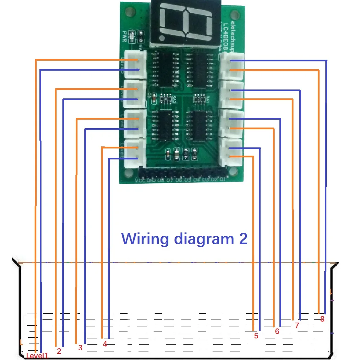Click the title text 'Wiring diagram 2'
(184, 239)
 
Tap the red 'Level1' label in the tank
(37, 356)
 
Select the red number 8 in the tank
(322, 319)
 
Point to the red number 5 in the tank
(256, 336)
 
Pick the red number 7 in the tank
(297, 325)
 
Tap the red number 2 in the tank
(59, 351)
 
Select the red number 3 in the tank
(80, 348)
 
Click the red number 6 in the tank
(277, 331)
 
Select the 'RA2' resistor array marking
(174, 100)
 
